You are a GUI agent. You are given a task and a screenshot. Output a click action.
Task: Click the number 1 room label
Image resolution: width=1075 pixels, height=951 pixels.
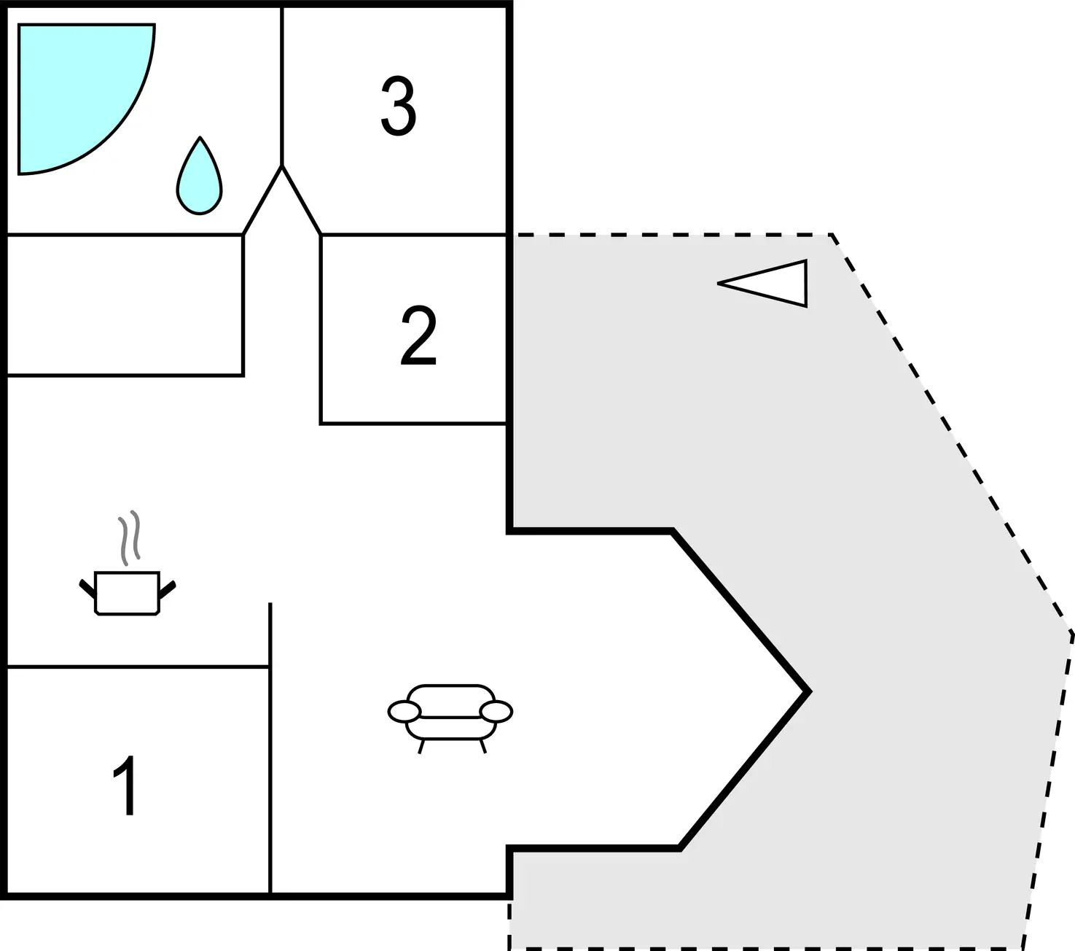[x=126, y=785]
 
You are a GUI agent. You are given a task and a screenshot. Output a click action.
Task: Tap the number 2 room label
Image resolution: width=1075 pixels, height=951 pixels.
[x=418, y=335]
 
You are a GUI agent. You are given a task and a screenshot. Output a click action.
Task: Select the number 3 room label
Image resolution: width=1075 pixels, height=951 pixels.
[x=399, y=105]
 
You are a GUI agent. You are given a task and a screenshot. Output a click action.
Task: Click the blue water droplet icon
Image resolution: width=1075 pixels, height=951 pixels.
[x=200, y=176]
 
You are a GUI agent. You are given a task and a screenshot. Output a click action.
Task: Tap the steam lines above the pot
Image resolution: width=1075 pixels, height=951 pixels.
[x=129, y=537]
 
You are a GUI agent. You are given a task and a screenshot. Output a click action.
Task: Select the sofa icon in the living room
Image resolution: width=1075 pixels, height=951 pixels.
[x=450, y=718]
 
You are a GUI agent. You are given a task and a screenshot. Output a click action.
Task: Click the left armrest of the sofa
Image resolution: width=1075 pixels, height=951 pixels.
[x=404, y=712]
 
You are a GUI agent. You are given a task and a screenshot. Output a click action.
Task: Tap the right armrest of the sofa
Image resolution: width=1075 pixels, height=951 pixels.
[x=496, y=712]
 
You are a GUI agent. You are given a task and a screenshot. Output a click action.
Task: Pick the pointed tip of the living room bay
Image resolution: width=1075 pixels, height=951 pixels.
[x=810, y=691]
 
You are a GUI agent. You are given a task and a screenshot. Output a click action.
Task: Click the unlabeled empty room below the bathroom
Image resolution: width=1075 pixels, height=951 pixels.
[x=125, y=305]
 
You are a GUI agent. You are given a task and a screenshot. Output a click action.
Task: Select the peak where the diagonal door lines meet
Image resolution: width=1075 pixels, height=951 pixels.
[x=282, y=166]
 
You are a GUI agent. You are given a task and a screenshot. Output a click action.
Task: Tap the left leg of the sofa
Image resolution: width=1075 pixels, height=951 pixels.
[x=421, y=746]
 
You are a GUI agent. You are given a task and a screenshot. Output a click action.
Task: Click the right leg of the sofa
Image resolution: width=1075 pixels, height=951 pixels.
[x=483, y=746]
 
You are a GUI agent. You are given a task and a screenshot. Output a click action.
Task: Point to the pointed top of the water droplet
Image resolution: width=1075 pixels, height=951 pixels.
[x=200, y=137]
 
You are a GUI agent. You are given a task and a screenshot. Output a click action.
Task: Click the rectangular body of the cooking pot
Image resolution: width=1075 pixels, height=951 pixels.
[x=128, y=593]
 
